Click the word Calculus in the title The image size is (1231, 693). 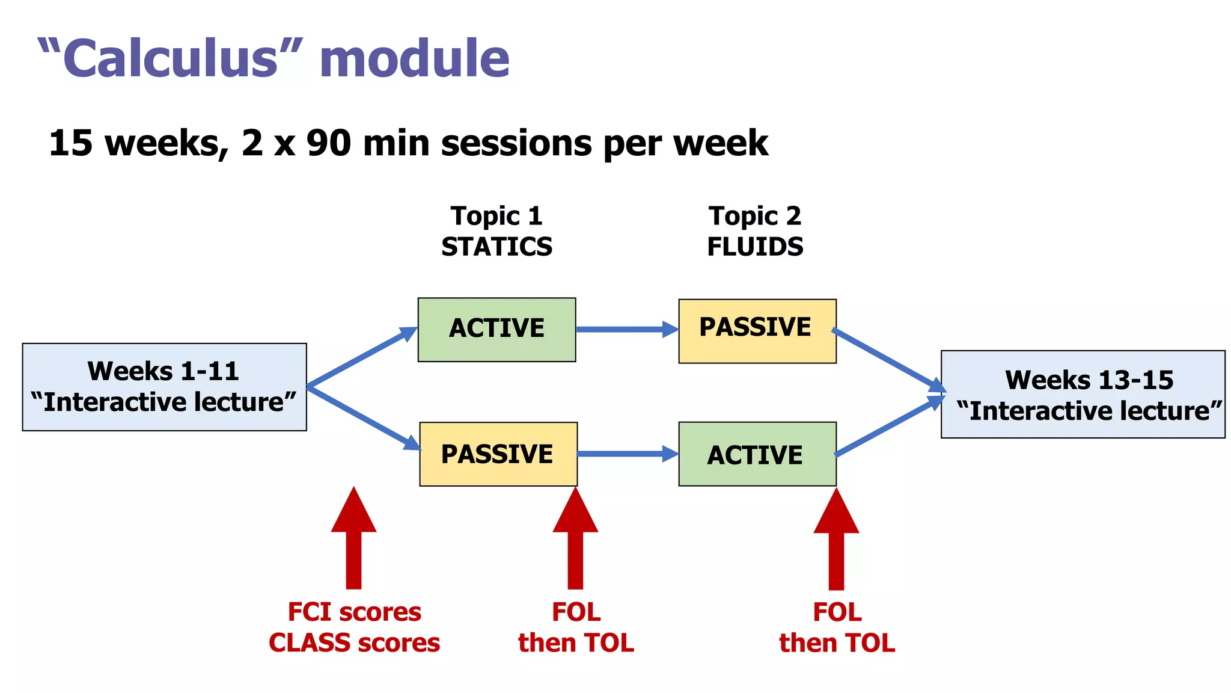tap(170, 58)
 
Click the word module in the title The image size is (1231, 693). tap(414, 58)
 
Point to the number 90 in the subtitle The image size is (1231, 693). tap(328, 143)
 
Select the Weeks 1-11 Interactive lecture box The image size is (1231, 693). tap(164, 387)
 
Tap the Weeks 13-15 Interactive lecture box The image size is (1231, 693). tap(1083, 394)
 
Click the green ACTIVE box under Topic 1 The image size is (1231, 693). tap(496, 329)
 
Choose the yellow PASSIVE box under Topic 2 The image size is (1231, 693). tap(757, 330)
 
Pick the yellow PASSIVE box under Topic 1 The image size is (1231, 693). tap(498, 454)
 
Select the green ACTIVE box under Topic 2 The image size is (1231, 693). tap(757, 454)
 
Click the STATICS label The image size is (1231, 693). tap(496, 247)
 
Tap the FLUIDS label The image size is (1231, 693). tap(755, 247)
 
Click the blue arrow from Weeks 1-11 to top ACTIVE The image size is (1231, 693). tap(361, 357)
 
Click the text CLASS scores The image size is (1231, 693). tap(354, 643)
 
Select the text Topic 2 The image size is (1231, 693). tap(754, 216)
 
